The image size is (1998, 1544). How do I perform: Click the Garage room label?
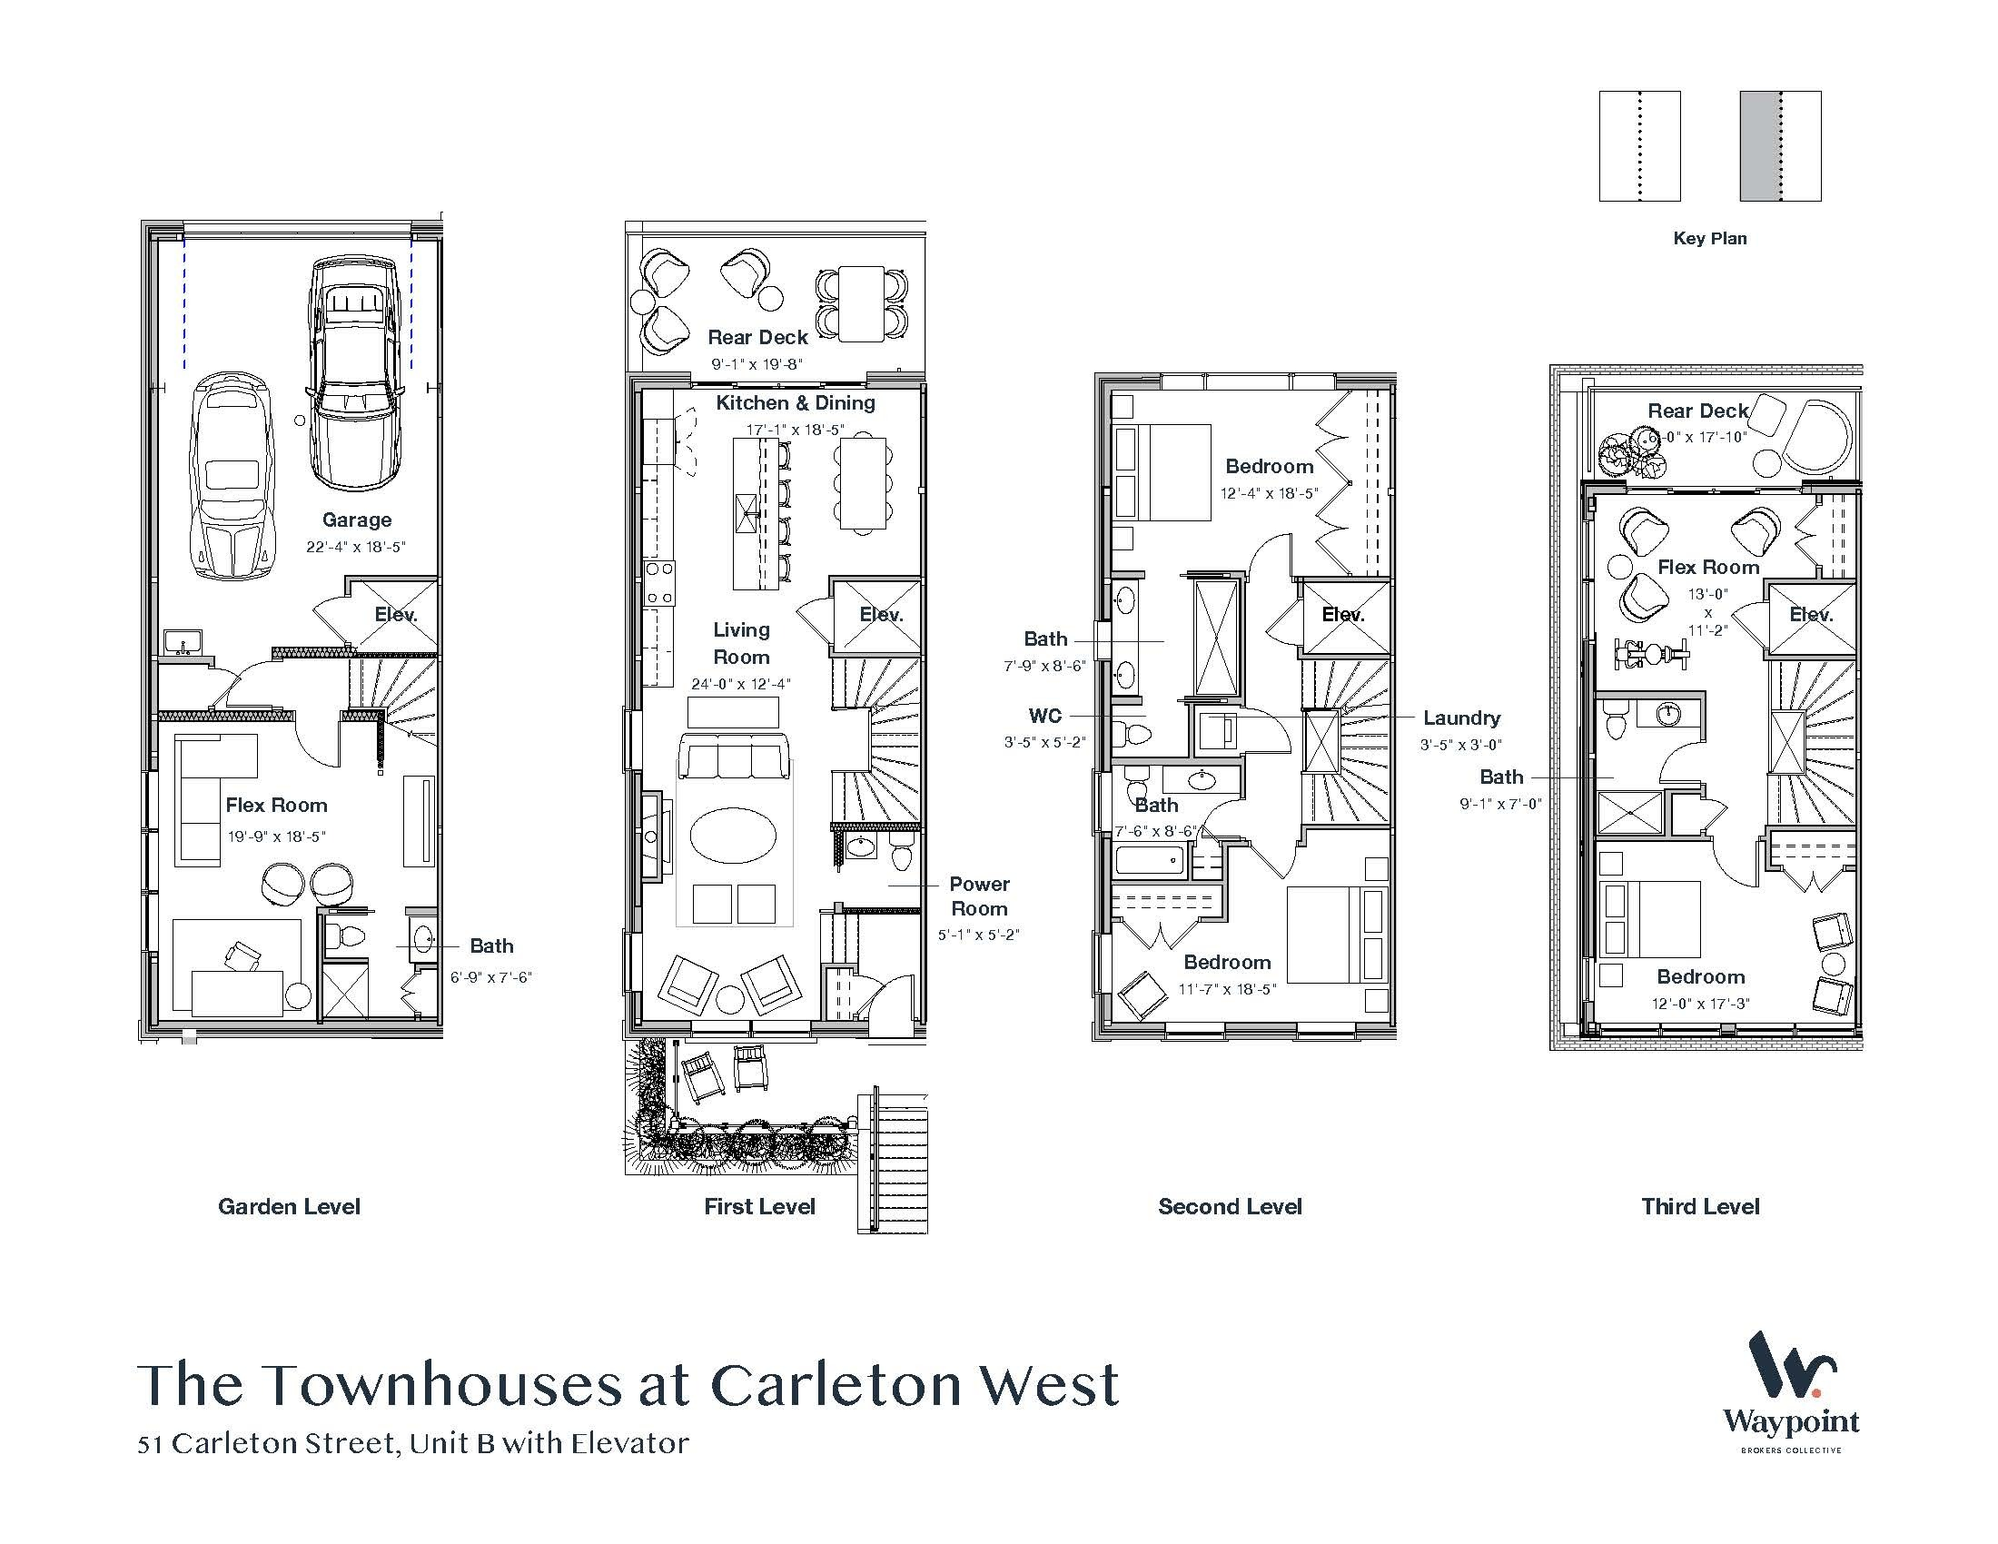[x=357, y=520]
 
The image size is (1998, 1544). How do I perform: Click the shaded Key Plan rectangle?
[x=1779, y=146]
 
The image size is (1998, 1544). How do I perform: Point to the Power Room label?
[x=979, y=896]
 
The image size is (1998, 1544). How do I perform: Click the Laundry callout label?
[x=1461, y=719]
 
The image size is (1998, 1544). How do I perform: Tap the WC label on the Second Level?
[x=1044, y=717]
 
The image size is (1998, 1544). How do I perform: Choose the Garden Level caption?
[x=289, y=1206]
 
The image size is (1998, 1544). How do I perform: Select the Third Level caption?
[x=1700, y=1206]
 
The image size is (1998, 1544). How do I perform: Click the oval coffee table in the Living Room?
[x=733, y=835]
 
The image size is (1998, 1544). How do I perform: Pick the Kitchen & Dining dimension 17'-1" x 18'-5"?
[x=794, y=430]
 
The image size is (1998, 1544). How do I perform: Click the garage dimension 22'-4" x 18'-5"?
[x=356, y=547]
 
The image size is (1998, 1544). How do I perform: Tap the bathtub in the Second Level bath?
[x=1149, y=861]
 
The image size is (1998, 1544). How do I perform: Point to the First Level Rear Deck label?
[x=757, y=338]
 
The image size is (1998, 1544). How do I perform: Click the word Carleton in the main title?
[x=836, y=1385]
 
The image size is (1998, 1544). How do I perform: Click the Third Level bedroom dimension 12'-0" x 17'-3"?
[x=1700, y=1004]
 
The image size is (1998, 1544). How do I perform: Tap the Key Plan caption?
[x=1710, y=239]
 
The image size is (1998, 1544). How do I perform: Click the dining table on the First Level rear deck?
[x=861, y=303]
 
